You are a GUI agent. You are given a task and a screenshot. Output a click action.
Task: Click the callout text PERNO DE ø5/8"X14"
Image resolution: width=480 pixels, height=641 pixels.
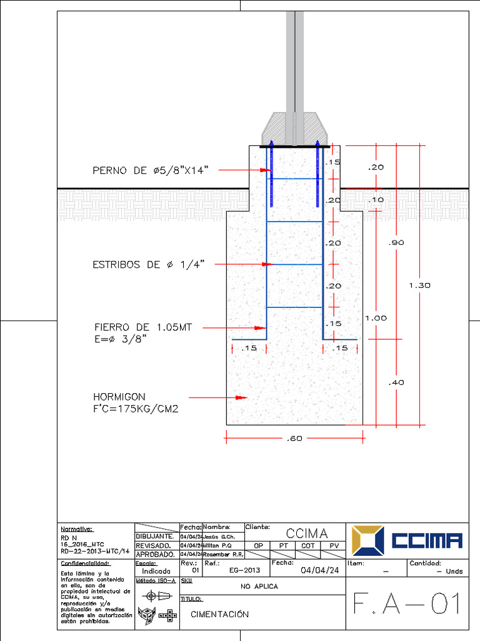tap(150, 170)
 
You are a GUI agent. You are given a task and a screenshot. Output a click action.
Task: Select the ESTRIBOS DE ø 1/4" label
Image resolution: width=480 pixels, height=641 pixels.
tap(149, 265)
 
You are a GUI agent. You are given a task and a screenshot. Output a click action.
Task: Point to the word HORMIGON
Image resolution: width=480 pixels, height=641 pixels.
tap(119, 397)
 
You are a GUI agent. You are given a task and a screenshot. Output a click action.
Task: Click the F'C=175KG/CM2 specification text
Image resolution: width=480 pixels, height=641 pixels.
tap(136, 409)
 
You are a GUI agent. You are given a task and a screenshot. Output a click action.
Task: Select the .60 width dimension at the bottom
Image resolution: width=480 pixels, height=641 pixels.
tap(294, 438)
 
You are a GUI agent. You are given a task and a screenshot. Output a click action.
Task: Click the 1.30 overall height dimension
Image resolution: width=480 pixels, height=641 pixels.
tap(419, 285)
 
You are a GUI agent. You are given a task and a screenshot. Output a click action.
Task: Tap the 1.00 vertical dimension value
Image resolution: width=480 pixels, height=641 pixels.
tap(376, 318)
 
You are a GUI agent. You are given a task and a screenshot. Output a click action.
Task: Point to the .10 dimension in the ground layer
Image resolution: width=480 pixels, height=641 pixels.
tap(376, 200)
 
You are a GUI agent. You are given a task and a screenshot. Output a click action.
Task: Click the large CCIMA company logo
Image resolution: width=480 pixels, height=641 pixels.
tap(407, 540)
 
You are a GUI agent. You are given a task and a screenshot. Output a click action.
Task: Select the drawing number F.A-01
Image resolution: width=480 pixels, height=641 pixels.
tap(407, 604)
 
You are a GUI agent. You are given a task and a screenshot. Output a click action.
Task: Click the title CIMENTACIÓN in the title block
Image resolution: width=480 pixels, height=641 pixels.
tap(219, 614)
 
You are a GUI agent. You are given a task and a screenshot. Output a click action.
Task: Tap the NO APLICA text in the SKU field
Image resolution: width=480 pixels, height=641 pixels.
tap(259, 587)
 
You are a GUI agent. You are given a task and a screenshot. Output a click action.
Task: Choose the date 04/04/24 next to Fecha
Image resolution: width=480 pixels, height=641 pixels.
tap(319, 570)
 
